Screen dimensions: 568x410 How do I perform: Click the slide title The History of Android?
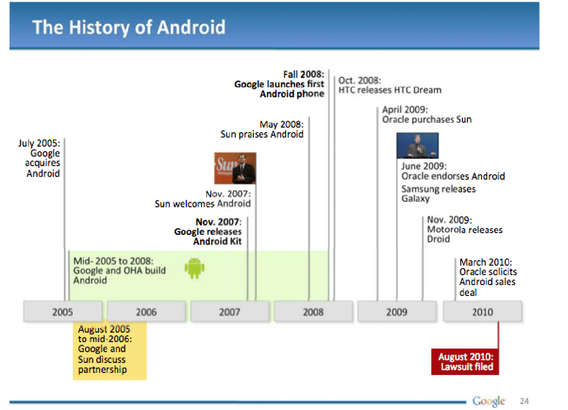point(129,28)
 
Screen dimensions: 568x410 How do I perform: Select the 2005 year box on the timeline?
point(63,312)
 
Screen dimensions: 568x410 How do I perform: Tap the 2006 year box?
point(146,312)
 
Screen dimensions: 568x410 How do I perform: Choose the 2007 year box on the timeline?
point(230,312)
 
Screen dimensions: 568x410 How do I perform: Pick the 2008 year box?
point(313,312)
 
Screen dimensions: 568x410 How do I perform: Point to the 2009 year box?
point(397,312)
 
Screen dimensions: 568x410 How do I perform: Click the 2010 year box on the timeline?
point(482,312)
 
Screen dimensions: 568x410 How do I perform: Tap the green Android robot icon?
point(195,268)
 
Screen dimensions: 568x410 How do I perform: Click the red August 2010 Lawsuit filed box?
point(465,362)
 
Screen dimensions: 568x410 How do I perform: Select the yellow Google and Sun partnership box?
point(110,351)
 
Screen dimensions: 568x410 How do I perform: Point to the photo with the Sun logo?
point(235,168)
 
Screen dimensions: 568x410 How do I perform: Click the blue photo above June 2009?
point(417,146)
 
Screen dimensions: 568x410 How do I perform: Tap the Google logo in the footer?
point(488,401)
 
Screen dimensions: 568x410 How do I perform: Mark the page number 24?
point(524,401)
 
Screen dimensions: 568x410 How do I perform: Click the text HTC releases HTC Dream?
point(390,90)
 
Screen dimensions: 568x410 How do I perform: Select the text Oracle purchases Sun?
point(427,119)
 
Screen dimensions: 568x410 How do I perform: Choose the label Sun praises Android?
point(262,134)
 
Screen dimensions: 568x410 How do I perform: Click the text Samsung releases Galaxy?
point(439,194)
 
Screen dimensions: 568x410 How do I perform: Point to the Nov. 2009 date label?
point(449,220)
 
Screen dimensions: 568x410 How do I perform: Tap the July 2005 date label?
point(39,143)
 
